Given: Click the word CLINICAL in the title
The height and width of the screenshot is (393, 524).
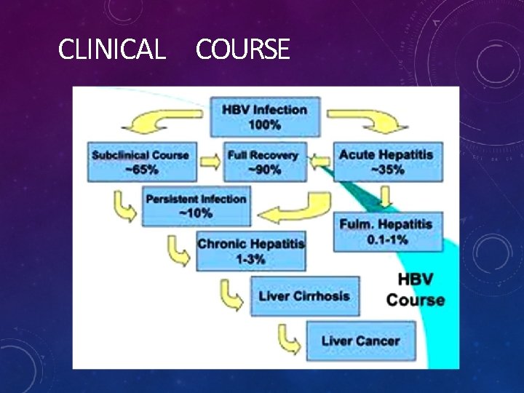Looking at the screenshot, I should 111,49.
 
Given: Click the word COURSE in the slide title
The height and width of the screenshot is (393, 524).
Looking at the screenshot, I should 242,49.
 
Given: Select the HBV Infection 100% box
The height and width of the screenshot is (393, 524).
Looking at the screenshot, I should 264,117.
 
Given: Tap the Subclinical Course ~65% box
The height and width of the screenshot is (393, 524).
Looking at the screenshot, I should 140,162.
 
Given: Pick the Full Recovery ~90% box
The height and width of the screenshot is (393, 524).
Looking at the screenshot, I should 263,162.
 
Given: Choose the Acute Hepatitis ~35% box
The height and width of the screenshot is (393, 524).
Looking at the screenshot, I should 386,162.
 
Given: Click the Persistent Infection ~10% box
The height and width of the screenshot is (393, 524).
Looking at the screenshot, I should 196,206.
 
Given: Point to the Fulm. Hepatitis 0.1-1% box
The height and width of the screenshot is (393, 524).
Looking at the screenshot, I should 386,231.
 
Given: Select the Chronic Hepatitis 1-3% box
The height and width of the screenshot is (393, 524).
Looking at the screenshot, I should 251,251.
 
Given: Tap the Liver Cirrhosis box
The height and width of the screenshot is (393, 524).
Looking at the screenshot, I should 305,296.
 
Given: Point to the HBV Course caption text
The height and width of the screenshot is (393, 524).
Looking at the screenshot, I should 415,289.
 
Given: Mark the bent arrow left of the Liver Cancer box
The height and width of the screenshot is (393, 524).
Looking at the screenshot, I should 289,339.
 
